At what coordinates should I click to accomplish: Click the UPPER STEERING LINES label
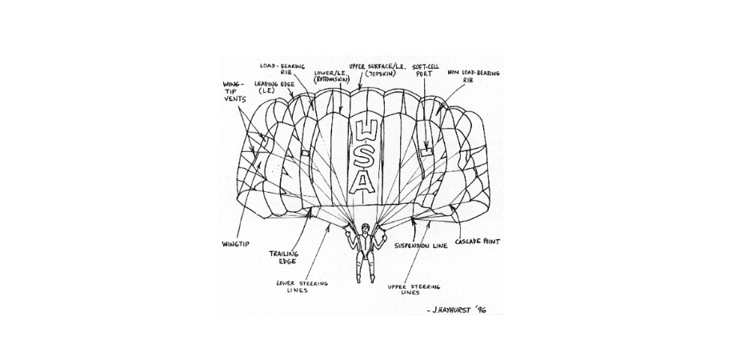point(414,290)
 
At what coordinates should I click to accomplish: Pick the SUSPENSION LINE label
point(423,246)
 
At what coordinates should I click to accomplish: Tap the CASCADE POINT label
point(478,241)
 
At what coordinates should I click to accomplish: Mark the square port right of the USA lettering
point(426,150)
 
